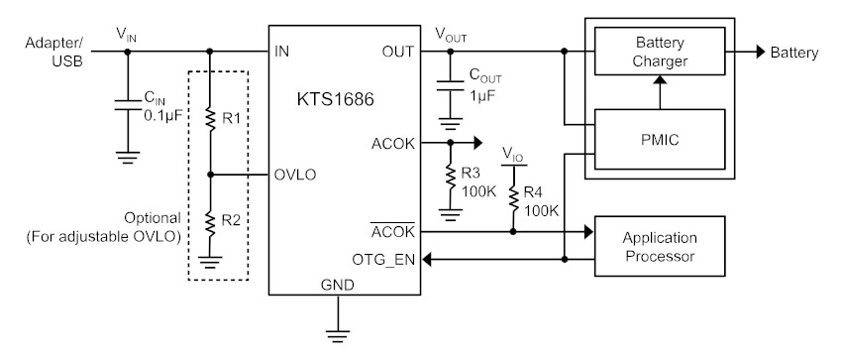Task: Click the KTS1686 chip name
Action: tap(335, 100)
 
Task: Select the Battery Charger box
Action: tap(660, 52)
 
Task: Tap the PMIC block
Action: tap(660, 140)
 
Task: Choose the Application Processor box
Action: tap(660, 247)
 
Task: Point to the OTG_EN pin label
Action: tap(383, 260)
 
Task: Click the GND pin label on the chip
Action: tap(338, 285)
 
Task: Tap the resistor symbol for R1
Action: tap(210, 118)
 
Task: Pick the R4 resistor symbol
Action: tap(513, 198)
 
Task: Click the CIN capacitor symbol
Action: tap(128, 105)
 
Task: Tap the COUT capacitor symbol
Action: tap(451, 85)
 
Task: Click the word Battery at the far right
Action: tap(794, 53)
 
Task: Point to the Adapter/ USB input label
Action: tap(53, 53)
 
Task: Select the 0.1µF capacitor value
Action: tap(163, 114)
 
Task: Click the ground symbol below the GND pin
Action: tap(338, 335)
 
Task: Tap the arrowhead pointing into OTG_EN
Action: tap(427, 260)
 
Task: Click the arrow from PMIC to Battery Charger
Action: tap(661, 92)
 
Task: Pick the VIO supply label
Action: tap(514, 155)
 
